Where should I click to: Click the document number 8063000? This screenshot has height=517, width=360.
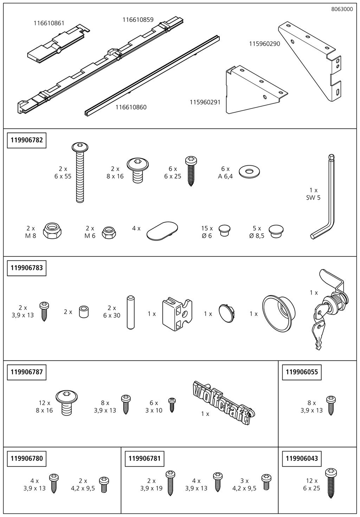tap(342, 9)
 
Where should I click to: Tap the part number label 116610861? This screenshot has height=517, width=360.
tap(49, 23)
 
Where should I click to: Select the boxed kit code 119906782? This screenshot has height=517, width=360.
tap(27, 140)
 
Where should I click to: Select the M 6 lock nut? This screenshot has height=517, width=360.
tap(109, 232)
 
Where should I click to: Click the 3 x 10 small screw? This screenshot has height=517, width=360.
tap(172, 405)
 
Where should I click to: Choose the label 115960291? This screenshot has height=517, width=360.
tap(205, 102)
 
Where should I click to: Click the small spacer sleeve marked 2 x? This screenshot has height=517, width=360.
tap(84, 312)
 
